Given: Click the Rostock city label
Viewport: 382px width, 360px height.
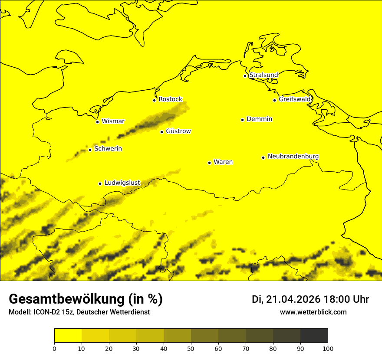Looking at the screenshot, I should (x=171, y=99).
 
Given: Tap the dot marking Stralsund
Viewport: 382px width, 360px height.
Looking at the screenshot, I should (x=245, y=76).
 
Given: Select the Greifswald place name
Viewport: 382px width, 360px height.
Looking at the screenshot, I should (x=295, y=99).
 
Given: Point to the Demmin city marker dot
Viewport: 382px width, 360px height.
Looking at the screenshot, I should (x=242, y=120).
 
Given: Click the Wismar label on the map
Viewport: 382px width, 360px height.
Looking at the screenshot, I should (x=113, y=121).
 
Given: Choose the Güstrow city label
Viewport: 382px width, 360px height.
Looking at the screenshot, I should (x=178, y=131).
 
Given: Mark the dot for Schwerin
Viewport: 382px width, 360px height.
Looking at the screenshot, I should (x=90, y=150).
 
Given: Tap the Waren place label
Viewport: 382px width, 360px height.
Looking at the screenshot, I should (x=223, y=162).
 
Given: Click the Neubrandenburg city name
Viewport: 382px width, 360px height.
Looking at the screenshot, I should (x=293, y=157).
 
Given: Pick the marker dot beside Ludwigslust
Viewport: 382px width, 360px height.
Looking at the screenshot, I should (x=100, y=183).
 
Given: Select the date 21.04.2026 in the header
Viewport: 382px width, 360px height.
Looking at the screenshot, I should (x=293, y=299).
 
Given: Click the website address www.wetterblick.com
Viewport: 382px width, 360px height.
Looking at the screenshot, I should (x=313, y=312).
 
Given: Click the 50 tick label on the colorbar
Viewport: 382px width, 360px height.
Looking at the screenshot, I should (x=191, y=348).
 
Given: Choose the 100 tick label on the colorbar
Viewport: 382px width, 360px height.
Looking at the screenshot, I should (x=328, y=348).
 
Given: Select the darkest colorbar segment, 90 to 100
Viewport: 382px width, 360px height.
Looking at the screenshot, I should (x=314, y=336).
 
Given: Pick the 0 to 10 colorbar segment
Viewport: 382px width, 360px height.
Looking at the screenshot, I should (x=68, y=336).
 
